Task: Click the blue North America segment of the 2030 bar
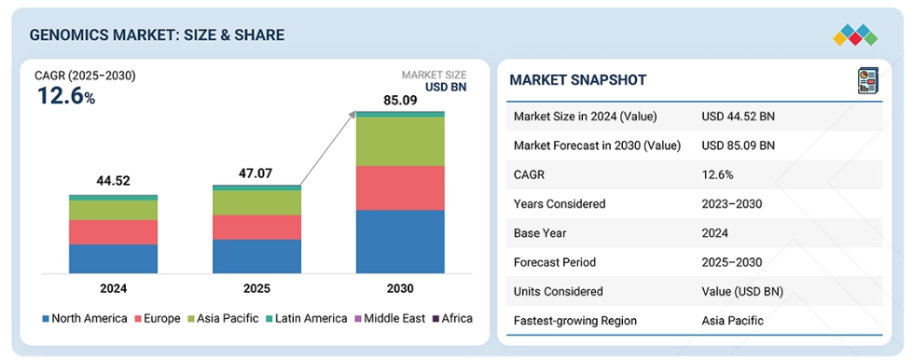click(400, 242)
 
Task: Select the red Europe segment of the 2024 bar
click(113, 232)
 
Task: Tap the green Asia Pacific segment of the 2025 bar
click(256, 202)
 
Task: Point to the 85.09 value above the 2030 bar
click(399, 100)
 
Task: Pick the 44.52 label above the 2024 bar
click(113, 181)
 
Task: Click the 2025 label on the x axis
click(256, 288)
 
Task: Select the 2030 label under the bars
click(399, 288)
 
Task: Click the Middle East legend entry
click(390, 319)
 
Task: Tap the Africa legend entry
click(452, 319)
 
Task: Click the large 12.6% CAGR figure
click(66, 96)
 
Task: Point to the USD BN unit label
click(447, 88)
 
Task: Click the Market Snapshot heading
click(577, 80)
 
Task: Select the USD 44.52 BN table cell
click(739, 117)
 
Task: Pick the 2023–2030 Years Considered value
click(732, 204)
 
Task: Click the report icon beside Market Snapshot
click(867, 81)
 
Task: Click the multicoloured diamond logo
click(855, 35)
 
